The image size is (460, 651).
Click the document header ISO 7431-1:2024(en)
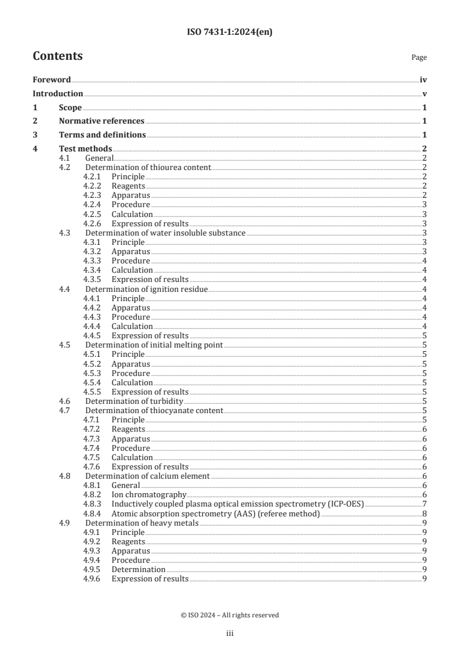pos(230,32)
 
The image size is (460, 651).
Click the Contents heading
pos(57,56)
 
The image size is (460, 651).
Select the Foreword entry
pos(52,80)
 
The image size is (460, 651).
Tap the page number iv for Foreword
pos(423,80)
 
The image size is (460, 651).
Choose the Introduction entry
pos(57,93)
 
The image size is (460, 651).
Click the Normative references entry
pos(102,121)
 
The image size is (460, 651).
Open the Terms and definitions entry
pos(102,135)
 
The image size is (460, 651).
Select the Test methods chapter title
pos(85,149)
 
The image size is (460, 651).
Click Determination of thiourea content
pos(148,167)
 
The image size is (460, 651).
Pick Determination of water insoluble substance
pos(165,233)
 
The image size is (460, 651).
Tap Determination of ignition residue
pos(146,289)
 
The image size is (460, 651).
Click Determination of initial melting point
pos(154,345)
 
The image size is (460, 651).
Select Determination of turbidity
pos(134,401)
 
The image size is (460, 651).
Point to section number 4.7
pos(65,410)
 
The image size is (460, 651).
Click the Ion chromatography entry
pos(148,494)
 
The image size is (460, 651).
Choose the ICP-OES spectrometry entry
pos(237,504)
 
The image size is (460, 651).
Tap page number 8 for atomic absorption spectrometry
pos(425,513)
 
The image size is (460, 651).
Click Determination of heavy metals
pos(142,523)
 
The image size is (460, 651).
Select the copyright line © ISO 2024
pos(230,615)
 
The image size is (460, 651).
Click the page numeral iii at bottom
pos(230,634)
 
